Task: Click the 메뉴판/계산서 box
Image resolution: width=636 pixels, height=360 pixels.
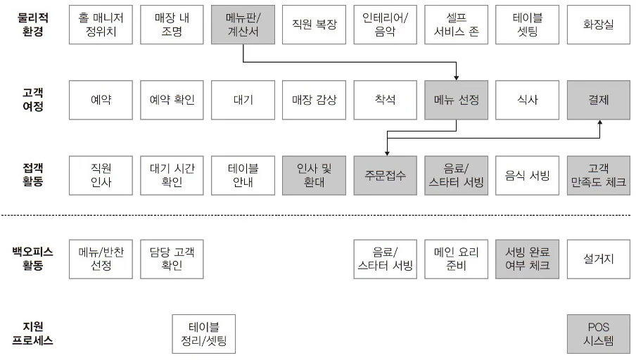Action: (243, 24)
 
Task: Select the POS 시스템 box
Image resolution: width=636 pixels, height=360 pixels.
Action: (598, 333)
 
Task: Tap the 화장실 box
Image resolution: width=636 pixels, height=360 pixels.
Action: (598, 24)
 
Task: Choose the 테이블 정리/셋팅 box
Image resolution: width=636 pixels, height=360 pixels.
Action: (204, 333)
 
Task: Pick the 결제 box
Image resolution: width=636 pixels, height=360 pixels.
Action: (598, 100)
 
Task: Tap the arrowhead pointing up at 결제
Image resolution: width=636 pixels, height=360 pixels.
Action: (599, 123)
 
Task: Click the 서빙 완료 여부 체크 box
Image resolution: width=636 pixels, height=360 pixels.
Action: (527, 259)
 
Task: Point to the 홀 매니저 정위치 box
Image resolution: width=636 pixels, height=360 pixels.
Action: (101, 24)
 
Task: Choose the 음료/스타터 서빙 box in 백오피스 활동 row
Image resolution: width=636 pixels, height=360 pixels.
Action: (385, 259)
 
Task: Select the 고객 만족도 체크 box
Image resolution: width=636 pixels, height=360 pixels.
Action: (598, 176)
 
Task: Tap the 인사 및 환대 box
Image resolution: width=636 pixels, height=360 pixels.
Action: (314, 176)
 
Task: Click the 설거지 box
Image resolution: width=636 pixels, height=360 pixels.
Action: (598, 259)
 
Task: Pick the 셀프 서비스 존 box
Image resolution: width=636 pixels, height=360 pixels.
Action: (456, 24)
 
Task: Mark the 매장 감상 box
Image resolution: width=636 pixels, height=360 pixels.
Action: (314, 100)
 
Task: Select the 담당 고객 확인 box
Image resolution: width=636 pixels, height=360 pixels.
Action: (172, 259)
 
